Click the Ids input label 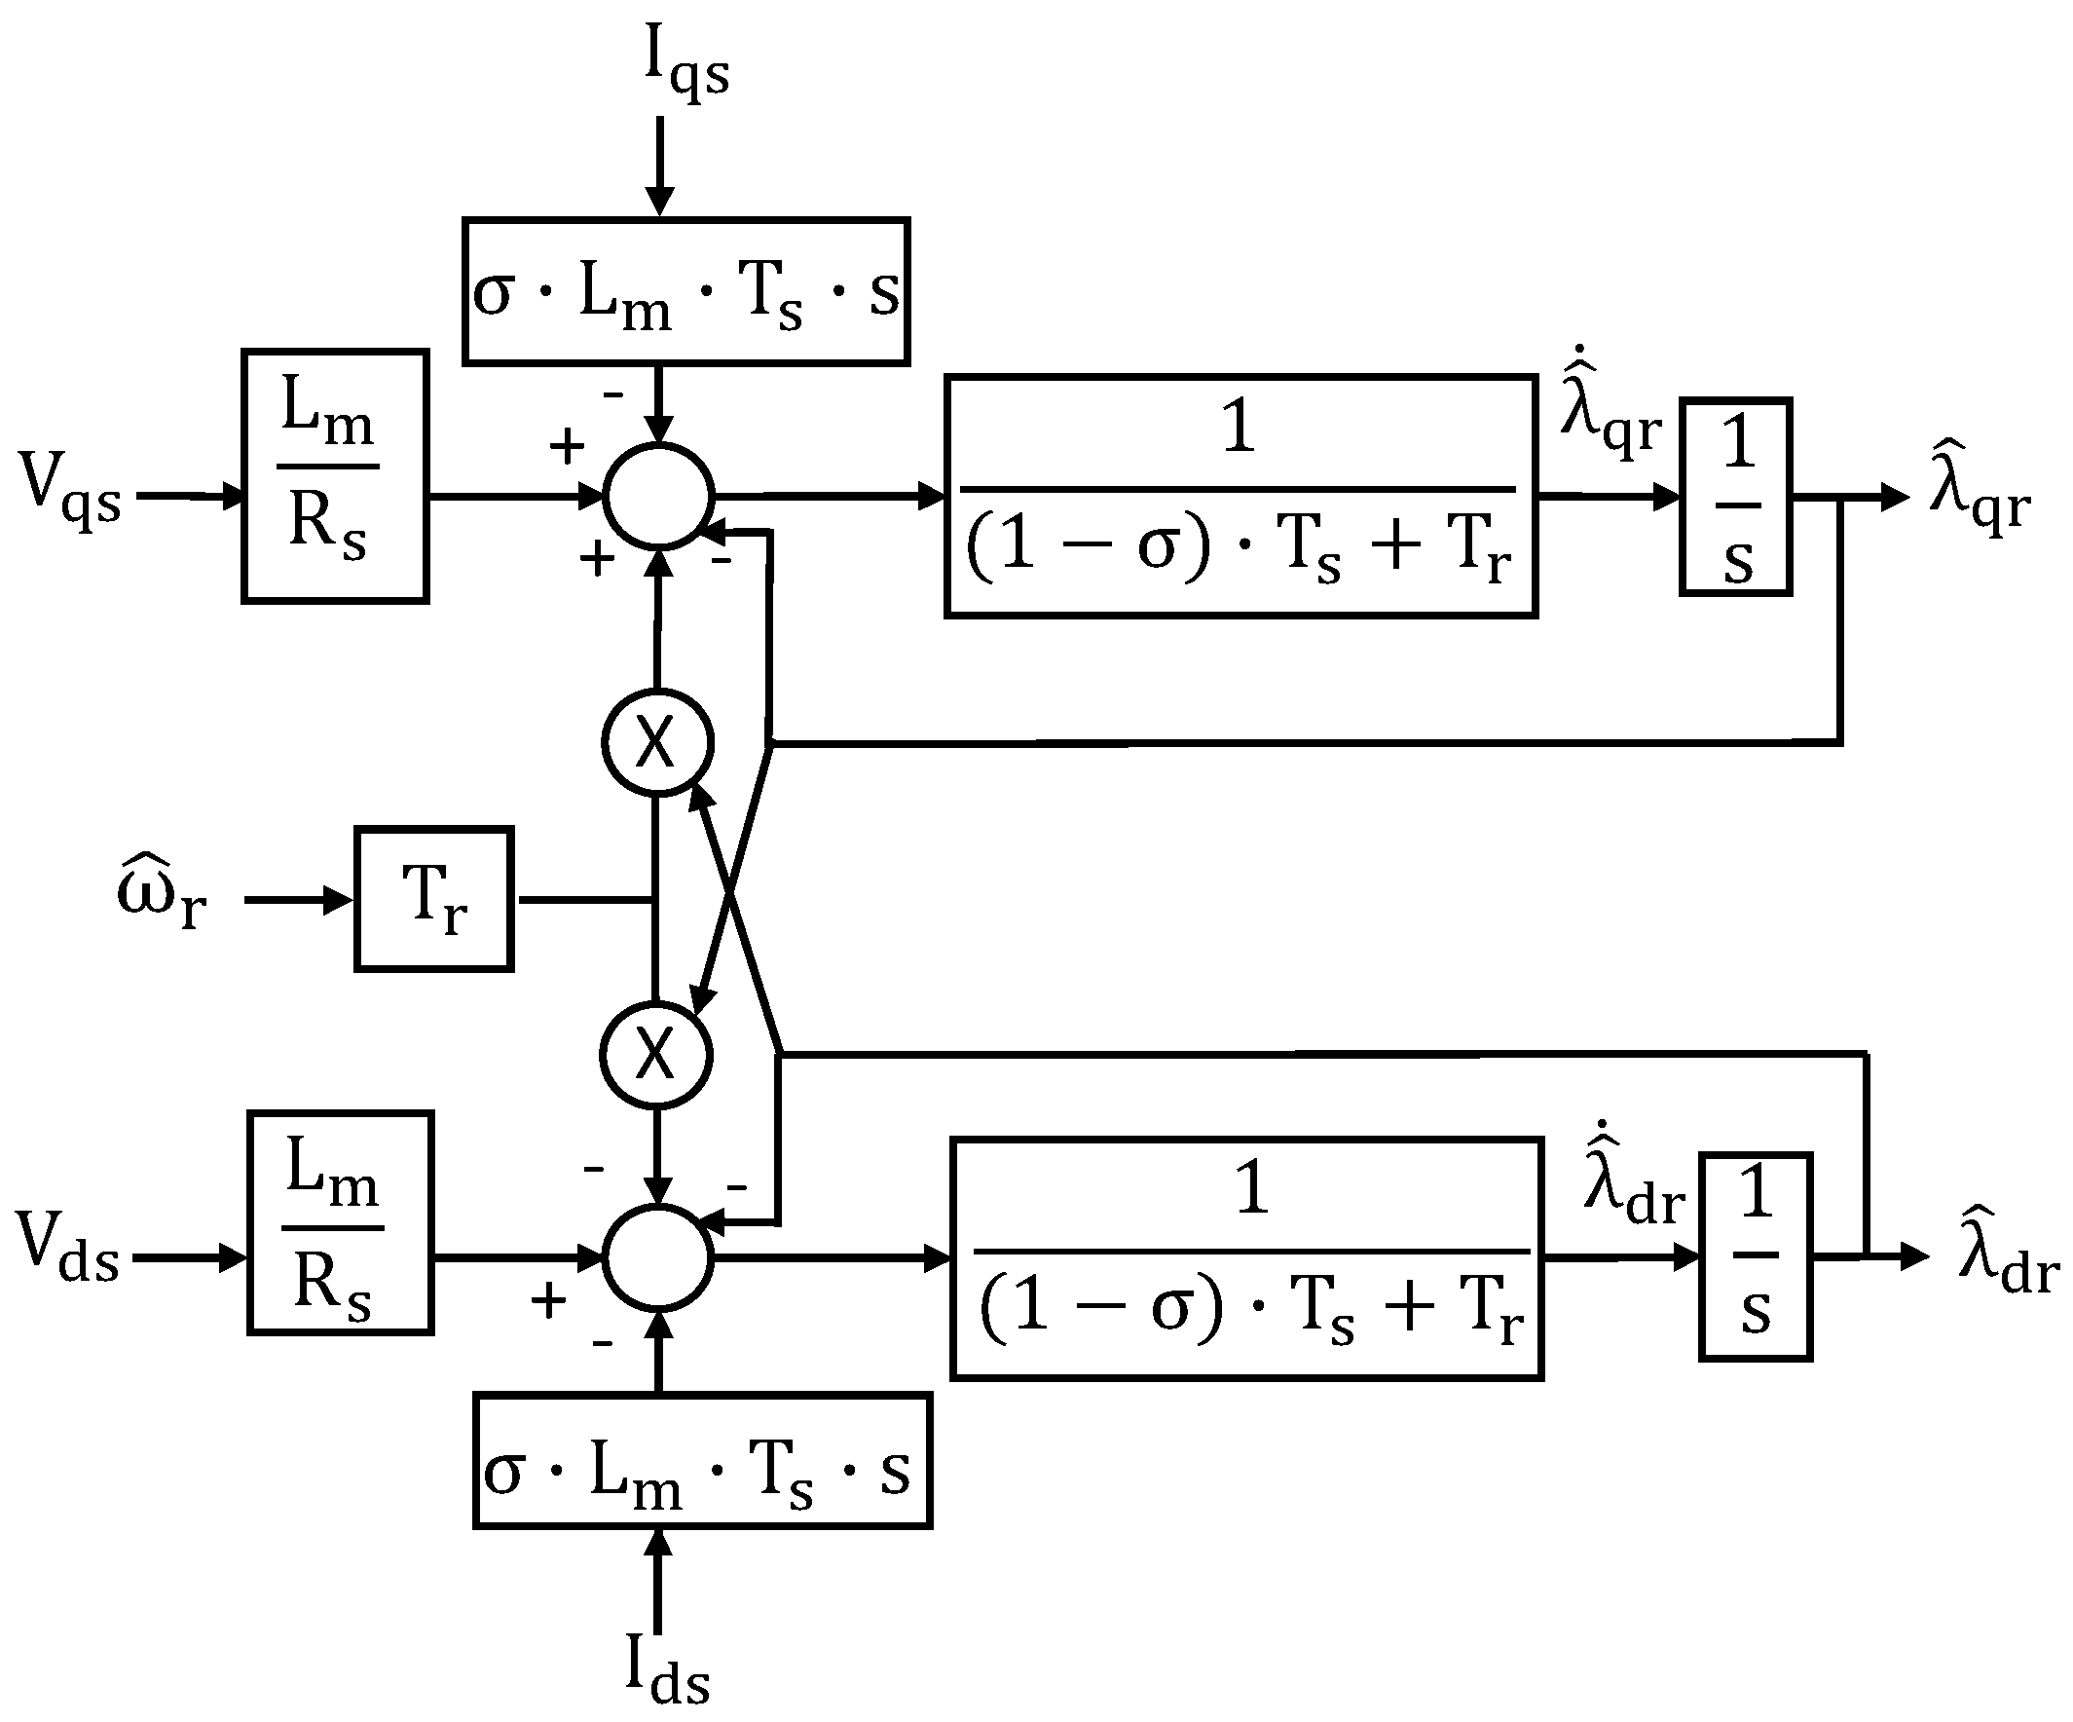(x=667, y=1669)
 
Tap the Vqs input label (x=69, y=489)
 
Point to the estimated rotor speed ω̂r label (x=161, y=893)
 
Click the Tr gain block (x=433, y=900)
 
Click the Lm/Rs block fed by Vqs (x=335, y=476)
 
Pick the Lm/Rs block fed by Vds (x=340, y=1223)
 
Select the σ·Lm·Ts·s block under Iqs (x=685, y=292)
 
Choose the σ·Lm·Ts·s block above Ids (x=702, y=1461)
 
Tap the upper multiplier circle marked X (x=656, y=741)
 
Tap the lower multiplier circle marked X (x=655, y=1056)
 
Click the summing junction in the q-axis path (x=657, y=496)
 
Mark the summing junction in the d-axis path (x=657, y=1257)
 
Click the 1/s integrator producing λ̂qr (x=1735, y=497)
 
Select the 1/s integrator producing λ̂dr (x=1756, y=1256)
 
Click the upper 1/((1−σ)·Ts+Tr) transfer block (x=1240, y=497)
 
